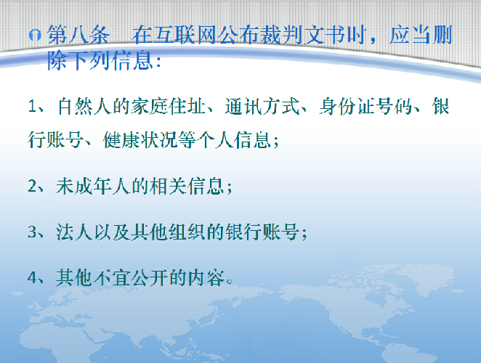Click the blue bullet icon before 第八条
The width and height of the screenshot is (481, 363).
coord(35,36)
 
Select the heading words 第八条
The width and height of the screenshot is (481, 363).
coord(78,35)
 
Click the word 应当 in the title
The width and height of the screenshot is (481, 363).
coord(410,35)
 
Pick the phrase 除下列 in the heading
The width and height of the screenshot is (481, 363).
coord(78,60)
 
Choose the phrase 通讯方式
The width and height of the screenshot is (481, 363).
coord(262,107)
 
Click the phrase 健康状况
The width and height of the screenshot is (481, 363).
coord(140,140)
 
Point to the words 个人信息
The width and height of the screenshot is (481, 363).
coord(234,140)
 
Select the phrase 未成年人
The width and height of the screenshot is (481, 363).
coord(93,186)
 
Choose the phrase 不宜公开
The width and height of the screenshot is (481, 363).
coord(131,277)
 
